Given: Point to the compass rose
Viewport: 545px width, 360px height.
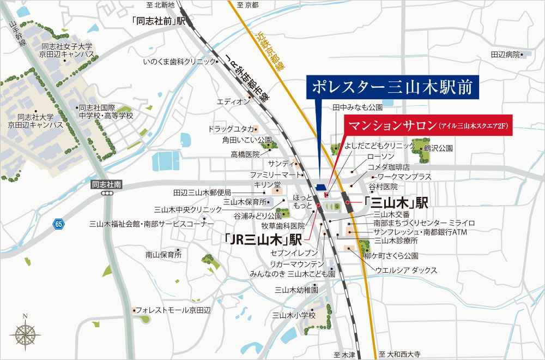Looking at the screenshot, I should (25, 332).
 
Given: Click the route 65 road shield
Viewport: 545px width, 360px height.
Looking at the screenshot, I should (59, 224).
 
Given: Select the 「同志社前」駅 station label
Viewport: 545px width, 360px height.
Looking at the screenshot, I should (159, 21).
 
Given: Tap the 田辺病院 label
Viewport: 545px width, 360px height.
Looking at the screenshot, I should (505, 55).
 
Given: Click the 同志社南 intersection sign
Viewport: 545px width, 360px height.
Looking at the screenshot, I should (107, 185).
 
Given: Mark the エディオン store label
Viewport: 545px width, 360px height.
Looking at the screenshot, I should (233, 101).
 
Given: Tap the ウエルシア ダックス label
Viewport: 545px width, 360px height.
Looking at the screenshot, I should (405, 270).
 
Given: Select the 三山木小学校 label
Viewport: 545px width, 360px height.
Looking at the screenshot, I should (294, 315).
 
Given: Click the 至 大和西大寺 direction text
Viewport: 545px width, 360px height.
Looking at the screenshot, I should (400, 354).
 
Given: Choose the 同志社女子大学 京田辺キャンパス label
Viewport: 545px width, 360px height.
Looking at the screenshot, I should (67, 50).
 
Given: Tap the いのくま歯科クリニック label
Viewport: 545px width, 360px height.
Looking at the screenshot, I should (179, 62).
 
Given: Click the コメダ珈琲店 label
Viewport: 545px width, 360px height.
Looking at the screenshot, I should (388, 166).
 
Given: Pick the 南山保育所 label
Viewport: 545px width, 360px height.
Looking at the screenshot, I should (163, 254).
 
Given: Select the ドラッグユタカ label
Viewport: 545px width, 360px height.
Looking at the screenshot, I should (230, 129).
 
